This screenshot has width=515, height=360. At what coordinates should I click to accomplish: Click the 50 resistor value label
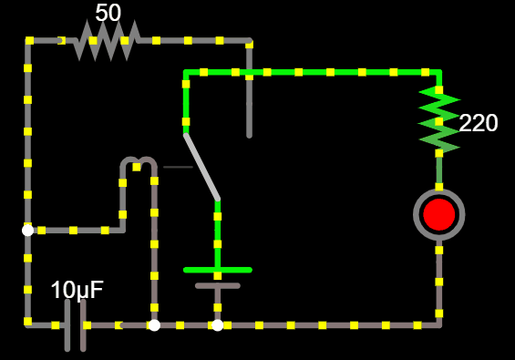coord(108,13)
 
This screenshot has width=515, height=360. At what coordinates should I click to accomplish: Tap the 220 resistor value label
coord(479,123)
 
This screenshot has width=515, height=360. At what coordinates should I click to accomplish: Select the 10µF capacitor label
coord(77,290)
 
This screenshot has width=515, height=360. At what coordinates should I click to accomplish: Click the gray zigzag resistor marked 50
coord(108,41)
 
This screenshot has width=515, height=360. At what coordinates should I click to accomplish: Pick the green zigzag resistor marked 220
coord(439,119)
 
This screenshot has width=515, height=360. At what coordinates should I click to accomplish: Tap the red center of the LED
coord(439,214)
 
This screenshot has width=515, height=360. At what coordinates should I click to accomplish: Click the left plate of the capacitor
coord(67,324)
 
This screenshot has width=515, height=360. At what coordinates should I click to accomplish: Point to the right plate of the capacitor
coord(83,324)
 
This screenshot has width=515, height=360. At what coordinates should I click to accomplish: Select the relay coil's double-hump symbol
coord(139,164)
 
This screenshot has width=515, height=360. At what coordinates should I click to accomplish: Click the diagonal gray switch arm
coord(202,167)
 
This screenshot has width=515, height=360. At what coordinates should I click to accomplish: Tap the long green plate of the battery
coord(217,270)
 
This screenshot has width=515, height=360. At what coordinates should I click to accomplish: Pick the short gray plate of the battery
coord(217,285)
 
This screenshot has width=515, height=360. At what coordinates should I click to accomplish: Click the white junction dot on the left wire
coord(28,231)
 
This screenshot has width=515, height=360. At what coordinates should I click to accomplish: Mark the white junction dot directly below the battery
coord(217,324)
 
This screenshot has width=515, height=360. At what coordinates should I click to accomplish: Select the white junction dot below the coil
coord(154,324)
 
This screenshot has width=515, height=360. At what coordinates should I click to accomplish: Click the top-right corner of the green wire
coord(439,72)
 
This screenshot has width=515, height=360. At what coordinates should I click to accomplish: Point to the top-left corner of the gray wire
coord(28,41)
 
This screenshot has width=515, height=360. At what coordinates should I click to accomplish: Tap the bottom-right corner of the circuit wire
coord(439,324)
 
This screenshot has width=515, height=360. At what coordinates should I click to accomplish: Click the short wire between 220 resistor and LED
coord(439,169)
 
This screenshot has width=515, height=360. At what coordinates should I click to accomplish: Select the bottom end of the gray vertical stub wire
coord(249,135)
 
